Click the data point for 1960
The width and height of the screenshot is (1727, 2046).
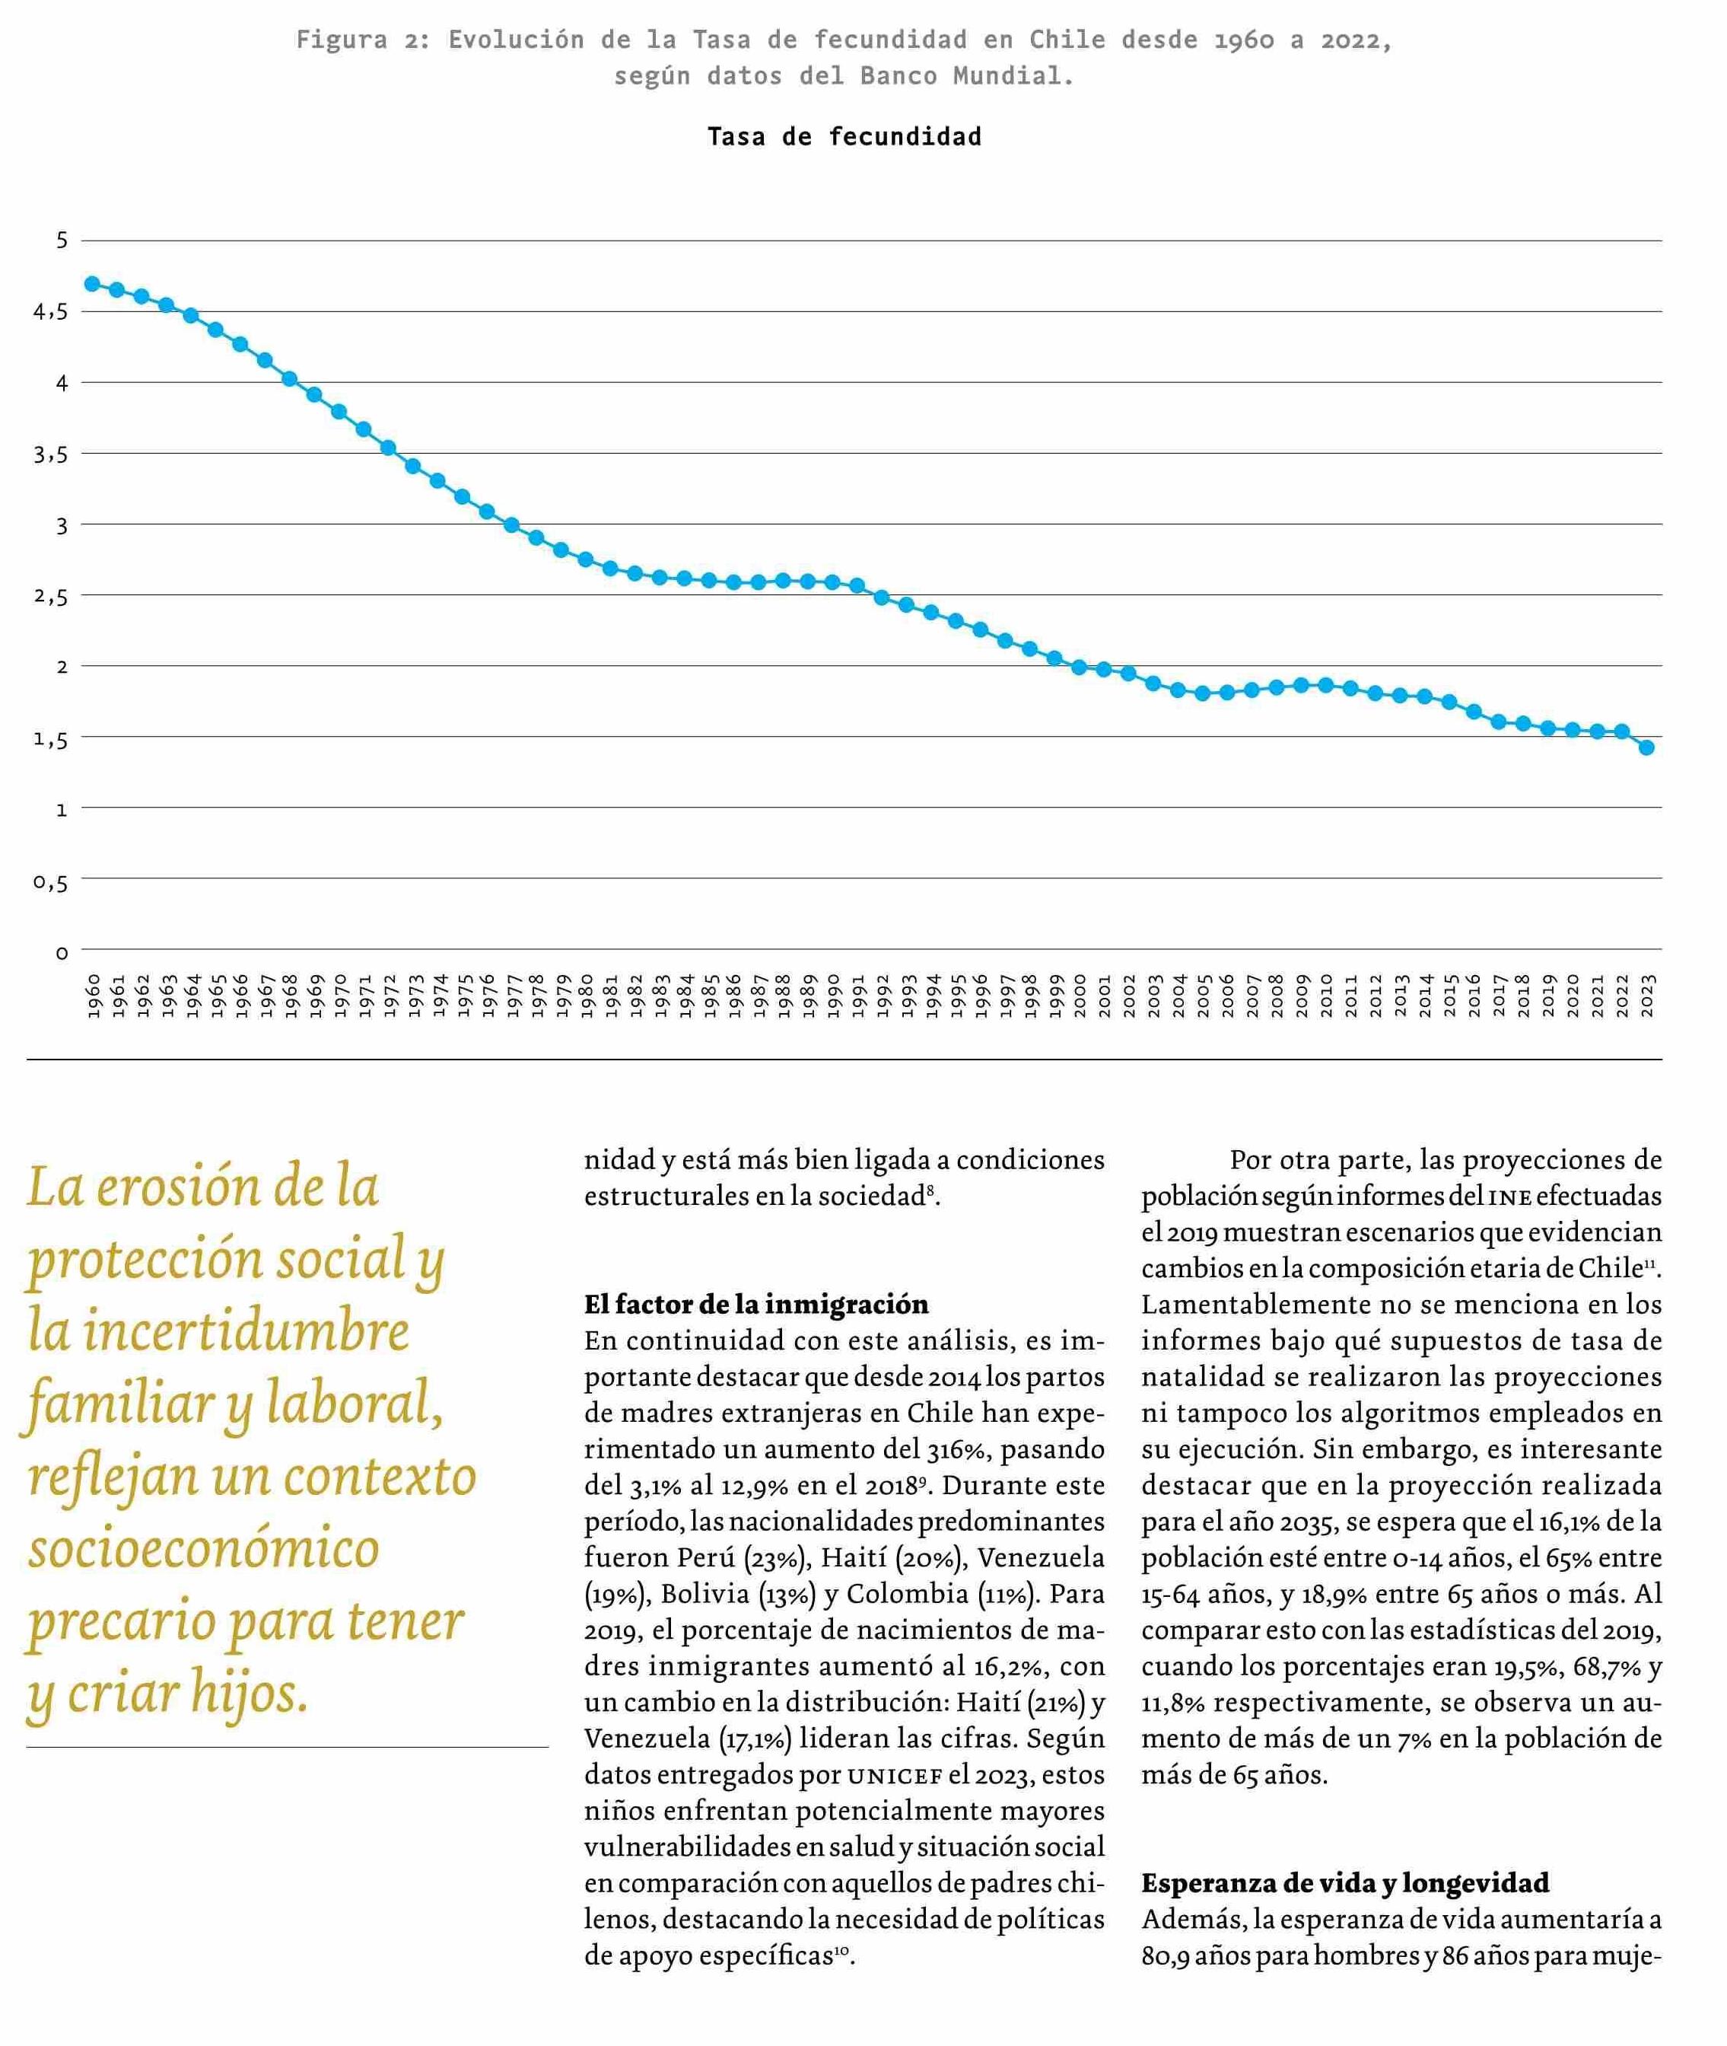point(92,284)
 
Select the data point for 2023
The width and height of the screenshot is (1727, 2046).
point(1646,748)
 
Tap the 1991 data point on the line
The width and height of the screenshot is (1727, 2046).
point(857,585)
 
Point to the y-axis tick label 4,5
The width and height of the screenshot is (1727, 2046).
point(50,312)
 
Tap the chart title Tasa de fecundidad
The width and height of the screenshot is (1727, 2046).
point(844,137)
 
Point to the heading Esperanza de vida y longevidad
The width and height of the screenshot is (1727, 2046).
point(1345,1883)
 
